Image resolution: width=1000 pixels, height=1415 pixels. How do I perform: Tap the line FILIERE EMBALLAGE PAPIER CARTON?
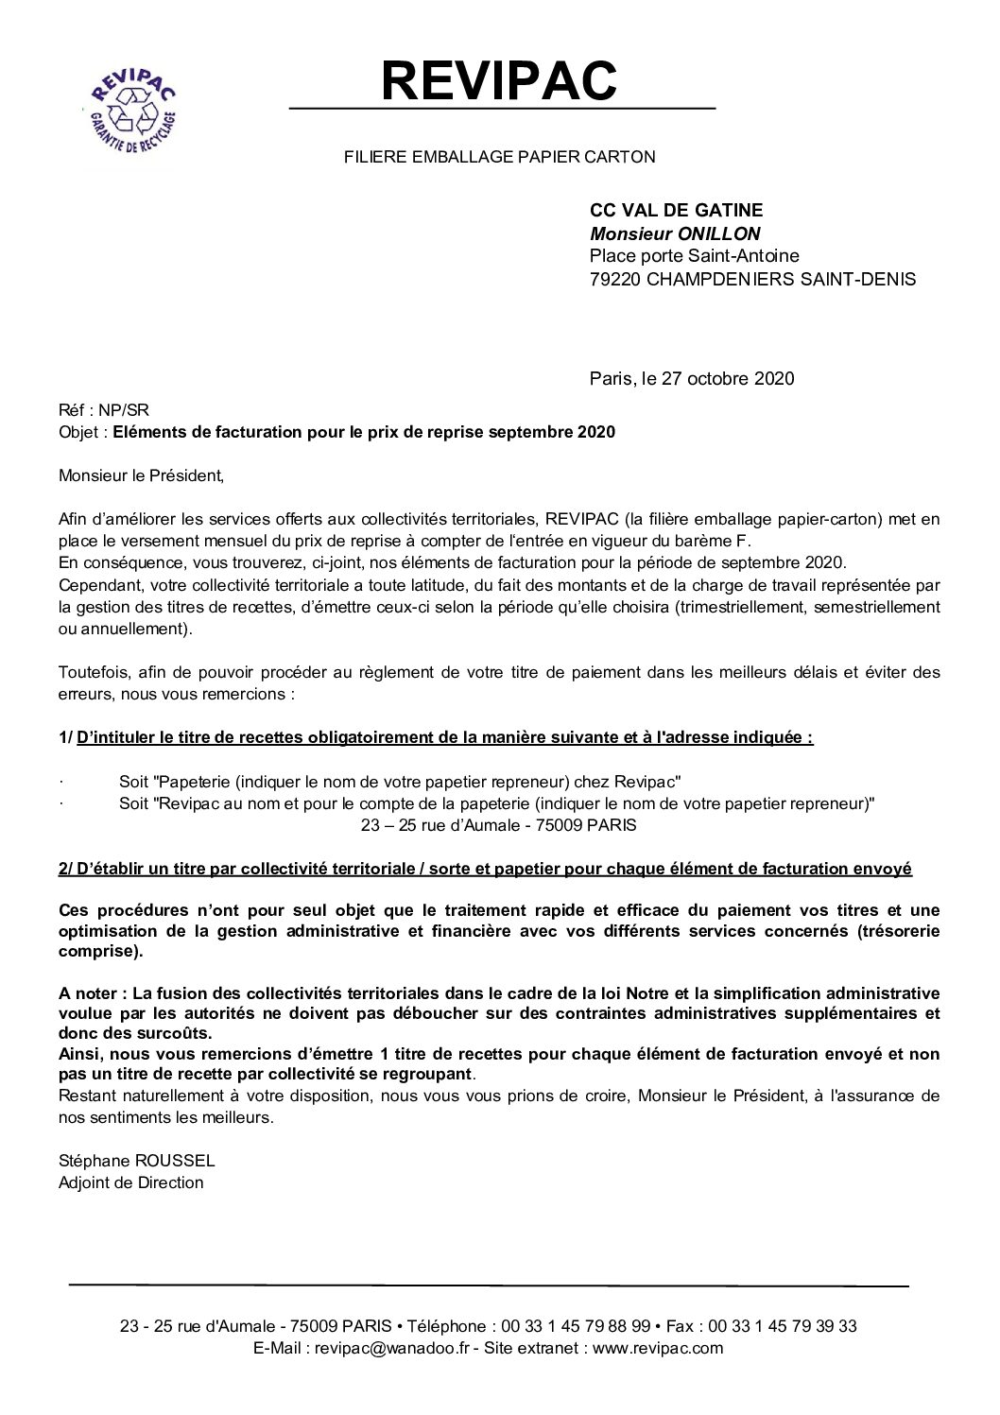499,157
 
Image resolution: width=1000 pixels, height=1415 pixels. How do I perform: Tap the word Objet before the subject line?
78,433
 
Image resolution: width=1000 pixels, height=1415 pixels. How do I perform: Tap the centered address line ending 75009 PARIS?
499,825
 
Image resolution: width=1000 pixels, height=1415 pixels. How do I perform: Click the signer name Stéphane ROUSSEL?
136,1161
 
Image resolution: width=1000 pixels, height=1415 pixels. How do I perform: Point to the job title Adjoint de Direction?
130,1182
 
